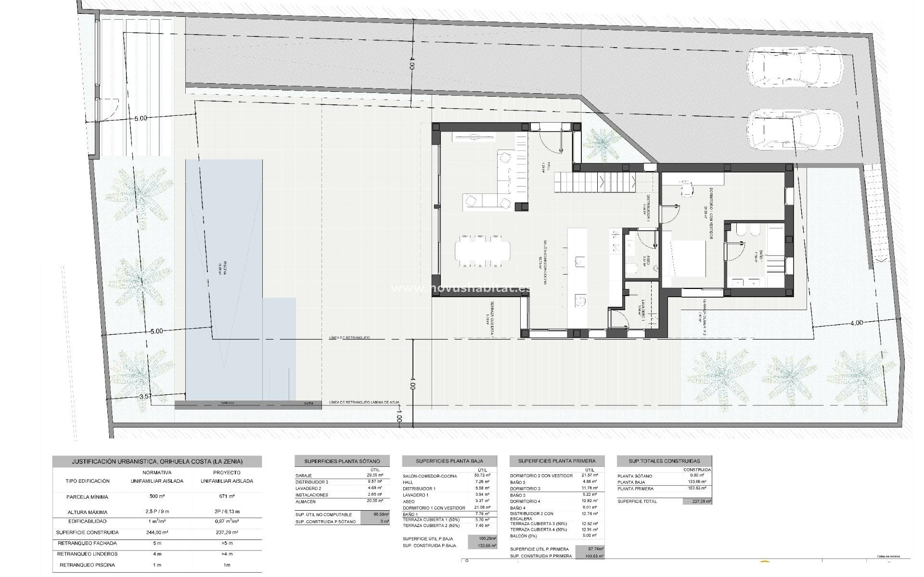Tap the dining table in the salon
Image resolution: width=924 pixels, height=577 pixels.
coord(482,251)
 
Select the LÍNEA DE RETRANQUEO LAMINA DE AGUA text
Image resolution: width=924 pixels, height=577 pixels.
coord(364,402)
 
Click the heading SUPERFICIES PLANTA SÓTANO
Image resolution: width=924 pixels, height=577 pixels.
coord(342,461)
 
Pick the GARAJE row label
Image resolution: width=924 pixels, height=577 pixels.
coord(304,476)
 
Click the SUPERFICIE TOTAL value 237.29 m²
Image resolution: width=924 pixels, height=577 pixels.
coord(697,502)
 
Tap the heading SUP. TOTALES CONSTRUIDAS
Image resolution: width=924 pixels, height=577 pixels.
coord(664,461)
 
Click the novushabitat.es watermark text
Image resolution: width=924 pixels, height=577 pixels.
coord(461,288)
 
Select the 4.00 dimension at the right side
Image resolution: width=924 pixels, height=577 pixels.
coord(857,323)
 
